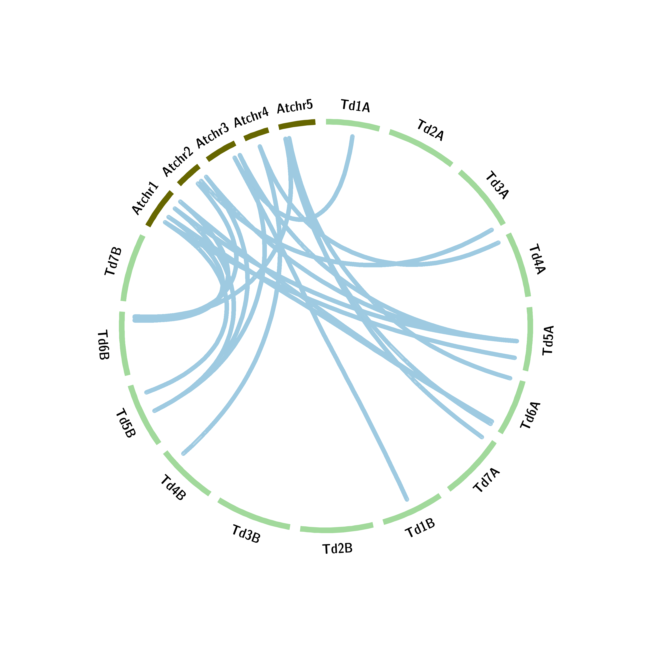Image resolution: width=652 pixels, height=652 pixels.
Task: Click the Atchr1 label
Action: pyautogui.click(x=145, y=198)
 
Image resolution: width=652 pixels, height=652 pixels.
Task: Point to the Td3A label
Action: pyautogui.click(x=497, y=185)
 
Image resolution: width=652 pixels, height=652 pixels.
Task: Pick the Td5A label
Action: pyautogui.click(x=548, y=340)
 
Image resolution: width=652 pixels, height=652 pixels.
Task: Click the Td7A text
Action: pyautogui.click(x=486, y=481)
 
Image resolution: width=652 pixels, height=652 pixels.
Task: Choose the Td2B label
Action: pyautogui.click(x=338, y=549)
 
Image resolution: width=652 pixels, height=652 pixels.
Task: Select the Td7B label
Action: pyautogui.click(x=113, y=261)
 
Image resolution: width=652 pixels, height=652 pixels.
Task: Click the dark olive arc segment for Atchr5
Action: pyautogui.click(x=297, y=124)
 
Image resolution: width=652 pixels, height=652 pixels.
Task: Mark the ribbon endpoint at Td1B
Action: pyautogui.click(x=407, y=499)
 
